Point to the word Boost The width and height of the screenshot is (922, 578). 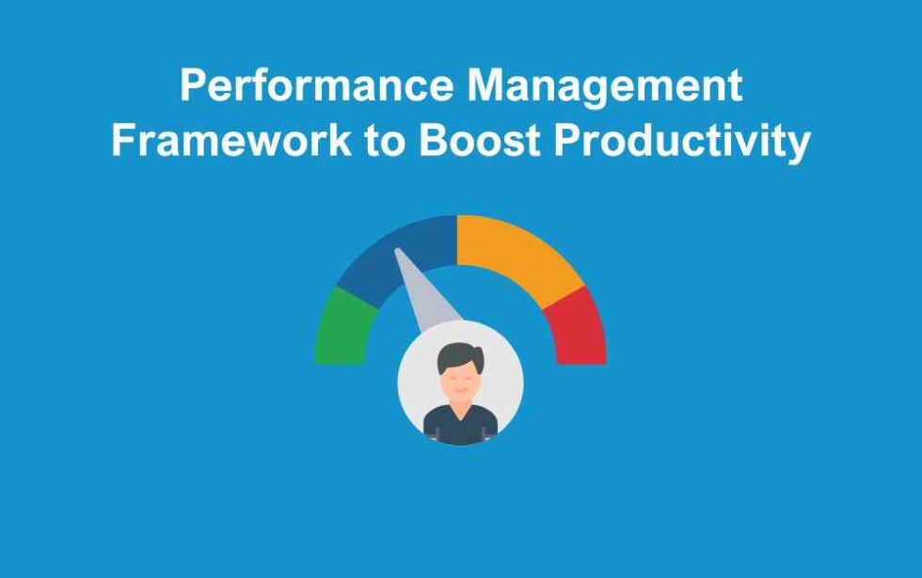(479, 142)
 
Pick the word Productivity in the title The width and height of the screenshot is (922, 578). (681, 142)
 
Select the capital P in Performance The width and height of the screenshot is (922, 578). (193, 86)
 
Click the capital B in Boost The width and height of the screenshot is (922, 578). (432, 142)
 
